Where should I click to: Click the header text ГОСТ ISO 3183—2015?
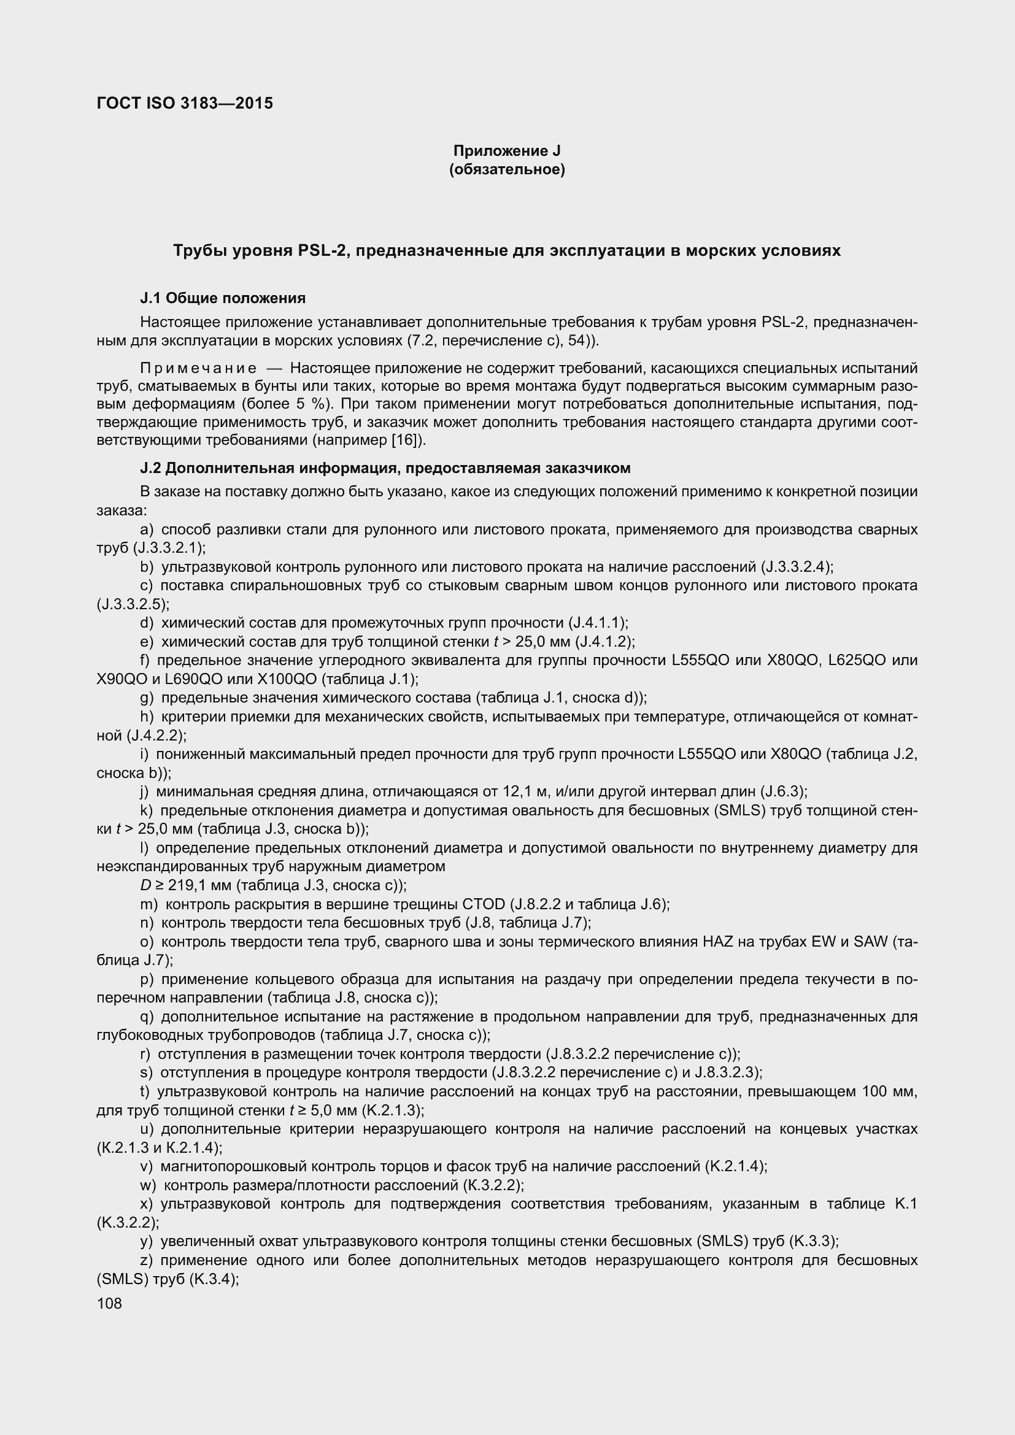185,103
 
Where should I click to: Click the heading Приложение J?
507,151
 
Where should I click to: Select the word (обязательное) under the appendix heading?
507,169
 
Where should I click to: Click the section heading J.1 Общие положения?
223,298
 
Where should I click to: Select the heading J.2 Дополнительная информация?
385,467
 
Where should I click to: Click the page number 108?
109,1303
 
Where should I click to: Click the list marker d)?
147,623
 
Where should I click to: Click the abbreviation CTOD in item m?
484,904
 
